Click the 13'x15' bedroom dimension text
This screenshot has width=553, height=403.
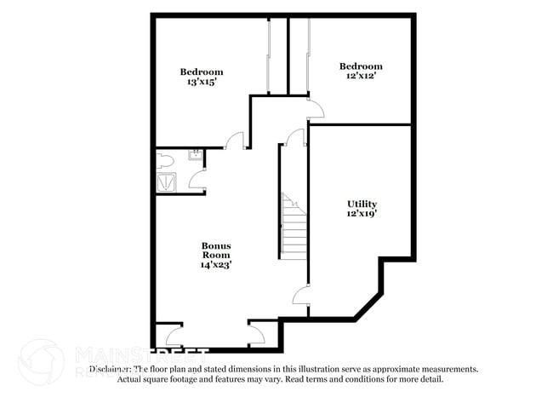pos(201,83)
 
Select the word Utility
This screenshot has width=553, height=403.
pos(362,204)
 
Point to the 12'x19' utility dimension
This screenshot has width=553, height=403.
pos(362,215)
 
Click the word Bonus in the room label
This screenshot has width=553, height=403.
pos(216,245)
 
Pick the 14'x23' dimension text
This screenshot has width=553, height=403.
pos(216,265)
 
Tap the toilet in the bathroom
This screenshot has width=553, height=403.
pos(166,159)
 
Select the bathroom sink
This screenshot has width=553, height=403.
pos(195,154)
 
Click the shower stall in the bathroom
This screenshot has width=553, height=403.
pos(166,181)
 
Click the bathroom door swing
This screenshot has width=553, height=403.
pos(197,178)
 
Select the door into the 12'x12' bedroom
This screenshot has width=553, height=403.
pos(315,108)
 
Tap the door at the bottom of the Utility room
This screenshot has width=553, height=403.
pos(299,296)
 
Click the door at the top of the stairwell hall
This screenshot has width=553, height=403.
pos(295,138)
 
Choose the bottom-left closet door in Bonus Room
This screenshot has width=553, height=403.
pos(174,336)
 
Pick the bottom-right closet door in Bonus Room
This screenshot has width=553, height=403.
pos(256,334)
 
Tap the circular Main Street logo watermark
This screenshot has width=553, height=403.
pos(40,361)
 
